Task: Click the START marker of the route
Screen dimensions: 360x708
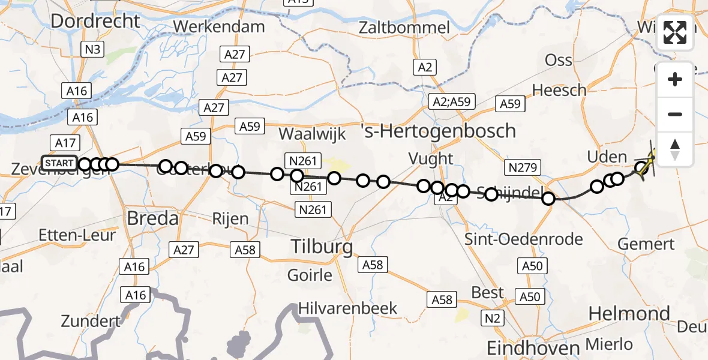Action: click(x=59, y=163)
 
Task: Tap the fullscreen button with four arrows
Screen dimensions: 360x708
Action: click(x=675, y=33)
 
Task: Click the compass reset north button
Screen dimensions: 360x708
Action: click(x=675, y=149)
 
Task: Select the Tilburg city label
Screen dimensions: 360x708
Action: click(x=322, y=246)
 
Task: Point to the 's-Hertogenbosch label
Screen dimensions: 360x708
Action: click(x=439, y=130)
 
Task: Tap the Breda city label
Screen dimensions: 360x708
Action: click(x=152, y=218)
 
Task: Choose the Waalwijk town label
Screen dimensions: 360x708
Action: click(x=312, y=133)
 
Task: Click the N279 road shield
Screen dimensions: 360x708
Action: click(x=523, y=167)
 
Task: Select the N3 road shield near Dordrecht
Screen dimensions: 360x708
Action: click(x=92, y=49)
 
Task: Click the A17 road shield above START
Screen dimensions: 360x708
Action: click(x=65, y=143)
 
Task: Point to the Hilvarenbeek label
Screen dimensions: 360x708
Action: click(x=350, y=308)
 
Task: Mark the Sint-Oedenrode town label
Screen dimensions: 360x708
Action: click(x=524, y=239)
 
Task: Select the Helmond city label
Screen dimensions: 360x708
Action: click(x=629, y=313)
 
